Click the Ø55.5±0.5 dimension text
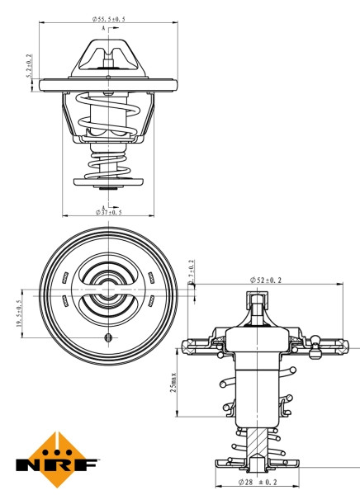pos(109,17)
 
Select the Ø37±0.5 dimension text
pos(109,212)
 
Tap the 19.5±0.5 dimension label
pos(19,314)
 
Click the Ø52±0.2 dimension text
pos(266,280)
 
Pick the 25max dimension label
pos(173,381)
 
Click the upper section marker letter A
pos(103,28)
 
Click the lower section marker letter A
pos(103,206)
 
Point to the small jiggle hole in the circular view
pos(108,339)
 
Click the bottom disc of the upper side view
pos(108,181)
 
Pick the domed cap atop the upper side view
pos(108,56)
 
